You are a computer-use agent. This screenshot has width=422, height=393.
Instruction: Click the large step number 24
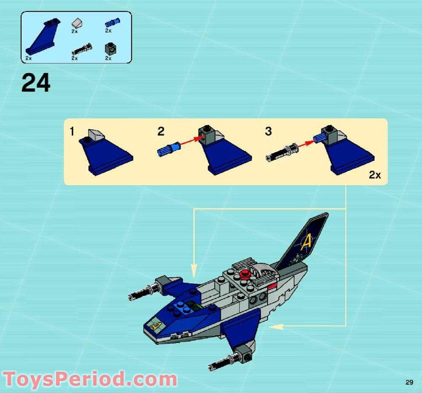coord(36,83)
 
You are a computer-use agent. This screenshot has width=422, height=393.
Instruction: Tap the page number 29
coord(409,382)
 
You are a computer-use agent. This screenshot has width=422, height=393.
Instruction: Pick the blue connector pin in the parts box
coord(112,22)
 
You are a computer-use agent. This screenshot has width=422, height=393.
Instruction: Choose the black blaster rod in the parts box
coord(82,48)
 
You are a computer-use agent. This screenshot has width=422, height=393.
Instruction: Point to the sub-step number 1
coord(72,131)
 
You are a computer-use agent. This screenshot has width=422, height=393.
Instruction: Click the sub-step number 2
coord(161,131)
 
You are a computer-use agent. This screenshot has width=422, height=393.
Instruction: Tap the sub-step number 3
coord(268,131)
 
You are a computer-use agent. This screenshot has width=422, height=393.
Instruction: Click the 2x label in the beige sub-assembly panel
coord(375,175)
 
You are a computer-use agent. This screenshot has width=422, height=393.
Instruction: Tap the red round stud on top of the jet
coord(244,275)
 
